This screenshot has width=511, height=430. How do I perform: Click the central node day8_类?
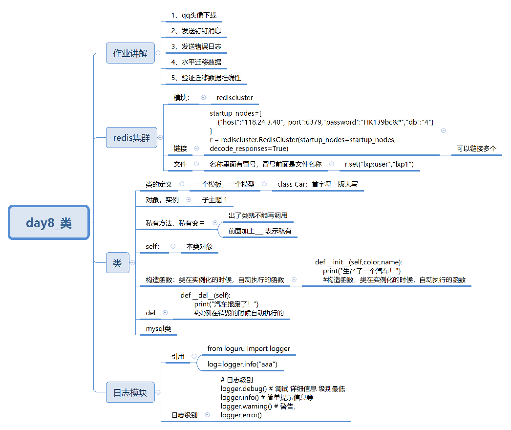[x=49, y=223]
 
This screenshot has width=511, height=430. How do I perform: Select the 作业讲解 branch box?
[x=130, y=53]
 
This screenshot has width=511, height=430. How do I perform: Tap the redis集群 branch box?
[x=131, y=138]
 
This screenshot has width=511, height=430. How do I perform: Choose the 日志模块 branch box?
[x=130, y=392]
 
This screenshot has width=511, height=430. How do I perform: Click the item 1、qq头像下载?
[x=193, y=15]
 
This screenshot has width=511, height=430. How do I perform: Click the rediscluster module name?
[x=235, y=98]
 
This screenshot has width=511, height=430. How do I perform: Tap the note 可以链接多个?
[x=476, y=149]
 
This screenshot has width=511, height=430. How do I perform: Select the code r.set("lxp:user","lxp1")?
[x=379, y=164]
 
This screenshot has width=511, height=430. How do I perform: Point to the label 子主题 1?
[x=215, y=200]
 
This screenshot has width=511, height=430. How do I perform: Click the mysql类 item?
[x=158, y=329]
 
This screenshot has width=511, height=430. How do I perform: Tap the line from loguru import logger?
[x=249, y=348]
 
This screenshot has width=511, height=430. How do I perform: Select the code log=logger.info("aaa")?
[x=242, y=365]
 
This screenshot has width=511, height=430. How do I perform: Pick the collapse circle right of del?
[x=165, y=313]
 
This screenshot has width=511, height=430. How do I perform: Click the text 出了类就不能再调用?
[x=257, y=215]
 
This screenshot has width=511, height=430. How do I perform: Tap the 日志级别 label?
[x=184, y=415]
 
